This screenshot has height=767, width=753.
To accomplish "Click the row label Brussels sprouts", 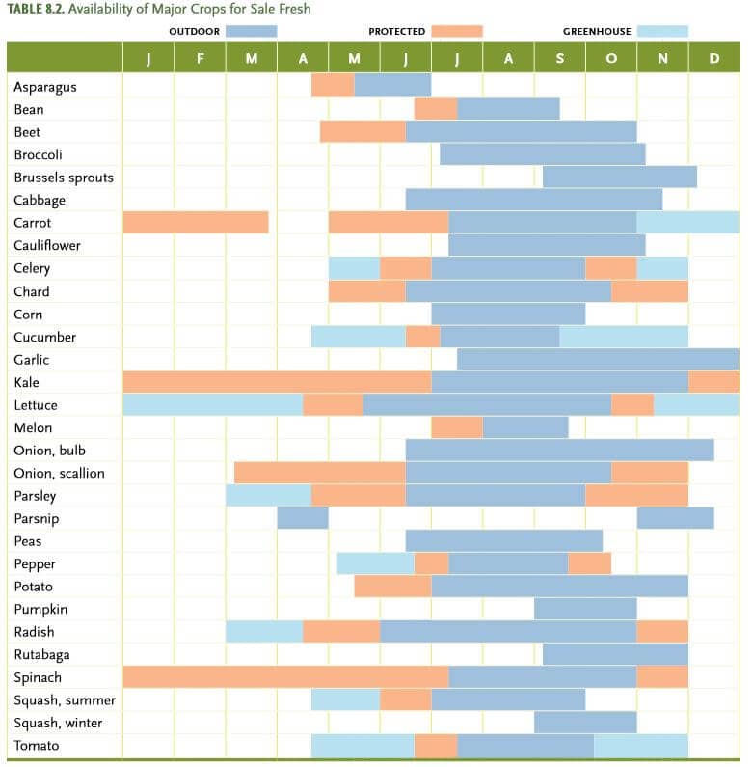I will coord(64,178).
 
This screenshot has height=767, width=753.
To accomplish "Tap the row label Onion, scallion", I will coord(59,473).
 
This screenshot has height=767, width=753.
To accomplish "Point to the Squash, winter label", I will coord(58,723).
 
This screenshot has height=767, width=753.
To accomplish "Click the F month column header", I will coord(200,58).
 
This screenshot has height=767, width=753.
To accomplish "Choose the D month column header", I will coord(713,58).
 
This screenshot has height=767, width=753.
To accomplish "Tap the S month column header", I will coord(559,58).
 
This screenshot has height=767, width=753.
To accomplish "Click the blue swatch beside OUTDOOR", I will coord(251,31).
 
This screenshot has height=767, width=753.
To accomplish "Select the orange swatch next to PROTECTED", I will coord(456,31).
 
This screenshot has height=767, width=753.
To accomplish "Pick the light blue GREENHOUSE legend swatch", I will coord(662,31).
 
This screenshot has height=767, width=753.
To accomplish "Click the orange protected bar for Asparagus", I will coord(333,86).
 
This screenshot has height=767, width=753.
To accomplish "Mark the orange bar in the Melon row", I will coord(457,427).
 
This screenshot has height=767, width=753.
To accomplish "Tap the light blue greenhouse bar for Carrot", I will coord(687,223).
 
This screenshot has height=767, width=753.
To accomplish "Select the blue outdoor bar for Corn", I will coord(508,314).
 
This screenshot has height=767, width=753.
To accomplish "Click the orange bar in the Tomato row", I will coord(436,745).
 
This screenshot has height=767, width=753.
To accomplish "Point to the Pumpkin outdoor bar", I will coord(585,609).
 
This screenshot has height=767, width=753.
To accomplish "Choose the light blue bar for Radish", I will coord(264,632).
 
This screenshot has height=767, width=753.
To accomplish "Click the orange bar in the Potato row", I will coord(392,587).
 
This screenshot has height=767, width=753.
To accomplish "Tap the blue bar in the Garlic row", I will coord(598,359).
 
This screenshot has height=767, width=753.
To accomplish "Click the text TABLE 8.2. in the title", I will coord(38,9).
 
